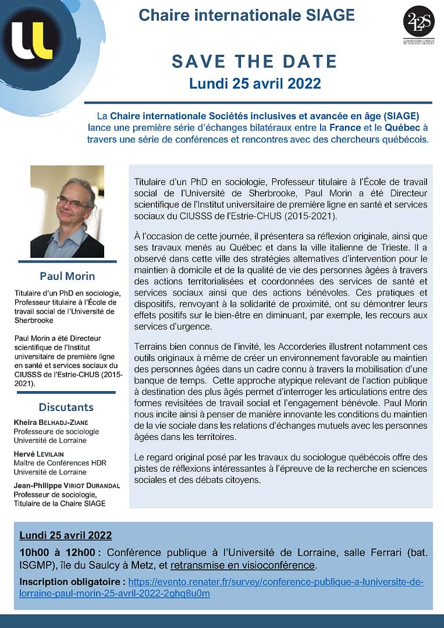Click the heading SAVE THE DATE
[x=254, y=61]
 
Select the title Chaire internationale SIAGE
[x=247, y=15]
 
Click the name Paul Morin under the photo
[x=67, y=275]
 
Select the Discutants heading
[x=66, y=406]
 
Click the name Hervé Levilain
[x=41, y=453]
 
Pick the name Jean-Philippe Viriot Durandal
[x=68, y=484]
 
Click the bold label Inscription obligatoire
[x=72, y=581]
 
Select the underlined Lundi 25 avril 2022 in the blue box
[x=66, y=535]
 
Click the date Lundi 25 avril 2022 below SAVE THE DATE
[x=255, y=83]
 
